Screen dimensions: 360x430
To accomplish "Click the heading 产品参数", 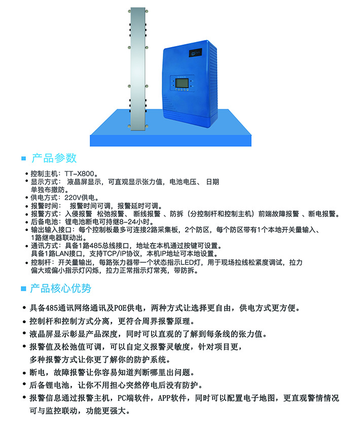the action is point(54,158).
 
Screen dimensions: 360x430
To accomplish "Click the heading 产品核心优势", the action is point(60,288).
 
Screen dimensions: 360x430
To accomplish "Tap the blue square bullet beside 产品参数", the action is point(24,159).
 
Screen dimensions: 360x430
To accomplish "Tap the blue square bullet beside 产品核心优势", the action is point(24,289).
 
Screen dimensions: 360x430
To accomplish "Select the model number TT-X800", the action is point(80,174).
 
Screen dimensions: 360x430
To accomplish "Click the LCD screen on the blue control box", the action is point(182,83).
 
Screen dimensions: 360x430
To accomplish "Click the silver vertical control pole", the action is point(138,68).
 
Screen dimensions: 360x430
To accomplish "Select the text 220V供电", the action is point(80,198).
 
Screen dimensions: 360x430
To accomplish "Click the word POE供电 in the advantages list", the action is point(128,308).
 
